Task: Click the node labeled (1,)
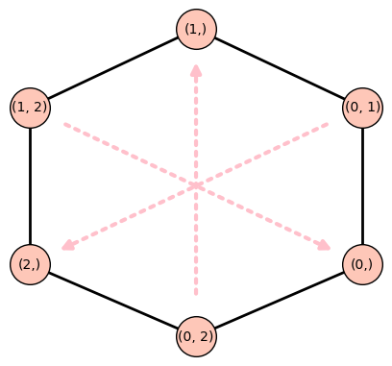[196, 30]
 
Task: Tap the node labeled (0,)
[362, 263]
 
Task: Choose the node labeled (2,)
[30, 263]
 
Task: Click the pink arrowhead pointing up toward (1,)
[196, 70]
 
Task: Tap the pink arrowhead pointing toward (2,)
[67, 246]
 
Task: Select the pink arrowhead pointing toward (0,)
[325, 246]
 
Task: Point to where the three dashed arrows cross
[196, 184]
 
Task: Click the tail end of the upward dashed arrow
[196, 293]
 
